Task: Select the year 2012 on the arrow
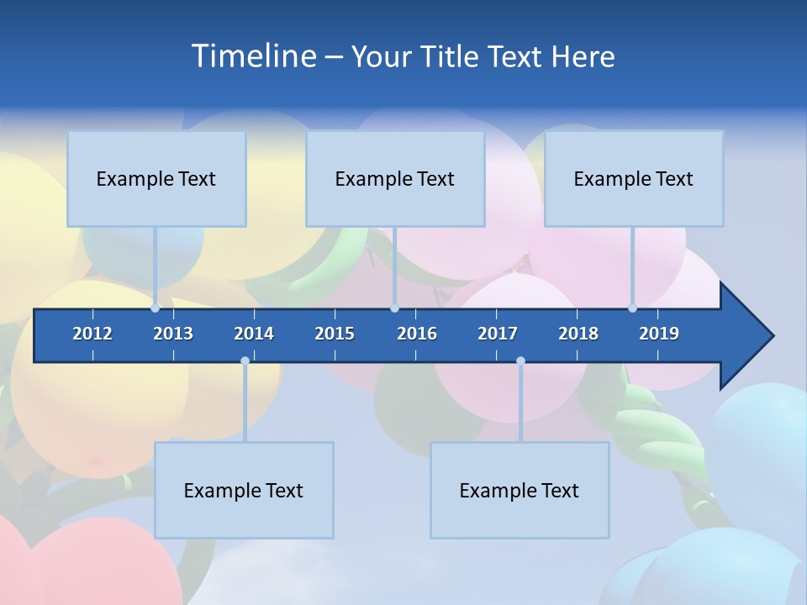point(92,334)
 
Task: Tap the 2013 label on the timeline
point(173,334)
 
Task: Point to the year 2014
point(254,334)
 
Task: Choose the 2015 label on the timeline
point(335,334)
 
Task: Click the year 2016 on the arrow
point(417,334)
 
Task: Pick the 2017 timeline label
point(498,334)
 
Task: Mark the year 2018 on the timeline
point(578,334)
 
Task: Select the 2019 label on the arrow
point(659,334)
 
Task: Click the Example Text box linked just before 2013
point(156,178)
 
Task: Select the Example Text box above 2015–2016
point(395,178)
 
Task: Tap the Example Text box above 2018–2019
point(634,178)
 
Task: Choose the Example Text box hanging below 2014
point(244,490)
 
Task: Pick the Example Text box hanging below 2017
point(520,490)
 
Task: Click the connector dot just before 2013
point(156,308)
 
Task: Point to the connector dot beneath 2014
point(245,361)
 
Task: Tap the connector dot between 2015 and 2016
point(395,308)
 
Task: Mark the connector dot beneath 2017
point(520,361)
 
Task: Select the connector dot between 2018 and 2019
point(633,308)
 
